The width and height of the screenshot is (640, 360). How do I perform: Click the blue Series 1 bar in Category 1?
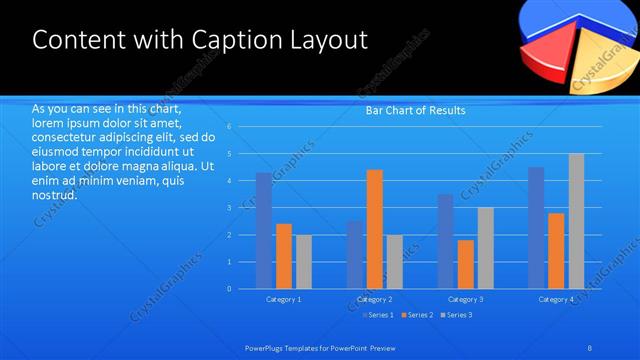coord(263,231)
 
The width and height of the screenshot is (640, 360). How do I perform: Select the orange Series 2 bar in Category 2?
coord(375,229)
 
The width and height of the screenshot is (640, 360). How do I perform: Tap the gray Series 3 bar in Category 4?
coord(576,221)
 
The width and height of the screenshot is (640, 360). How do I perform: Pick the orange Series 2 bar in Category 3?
coord(466,264)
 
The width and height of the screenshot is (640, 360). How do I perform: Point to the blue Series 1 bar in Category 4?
coord(536,228)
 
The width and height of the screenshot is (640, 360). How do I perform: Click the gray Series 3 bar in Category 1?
coord(304,262)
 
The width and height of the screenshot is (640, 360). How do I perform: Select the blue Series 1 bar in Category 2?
coord(355,255)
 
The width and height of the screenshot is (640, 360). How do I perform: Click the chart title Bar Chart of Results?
coord(415,110)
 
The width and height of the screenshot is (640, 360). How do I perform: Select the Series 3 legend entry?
coord(457,315)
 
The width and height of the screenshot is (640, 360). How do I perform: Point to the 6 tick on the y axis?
coord(229,127)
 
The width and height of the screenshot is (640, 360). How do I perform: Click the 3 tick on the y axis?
coord(229,208)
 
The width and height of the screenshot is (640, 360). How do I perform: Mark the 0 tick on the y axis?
coord(229,289)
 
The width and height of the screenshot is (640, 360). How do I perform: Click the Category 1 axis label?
coord(284,299)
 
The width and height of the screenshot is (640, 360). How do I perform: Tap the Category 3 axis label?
coord(466,299)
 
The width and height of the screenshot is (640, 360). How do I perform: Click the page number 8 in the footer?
coord(590,347)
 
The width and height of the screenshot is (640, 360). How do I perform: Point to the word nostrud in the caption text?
coord(54,194)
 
